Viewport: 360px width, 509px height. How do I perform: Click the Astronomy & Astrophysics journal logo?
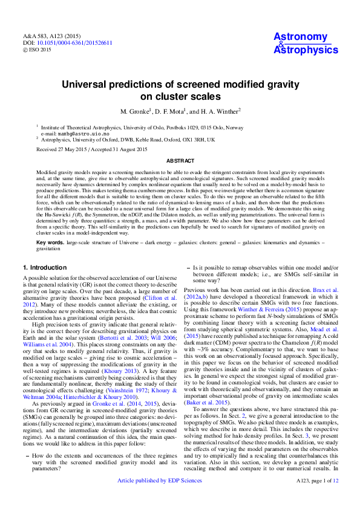coord(306,43)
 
